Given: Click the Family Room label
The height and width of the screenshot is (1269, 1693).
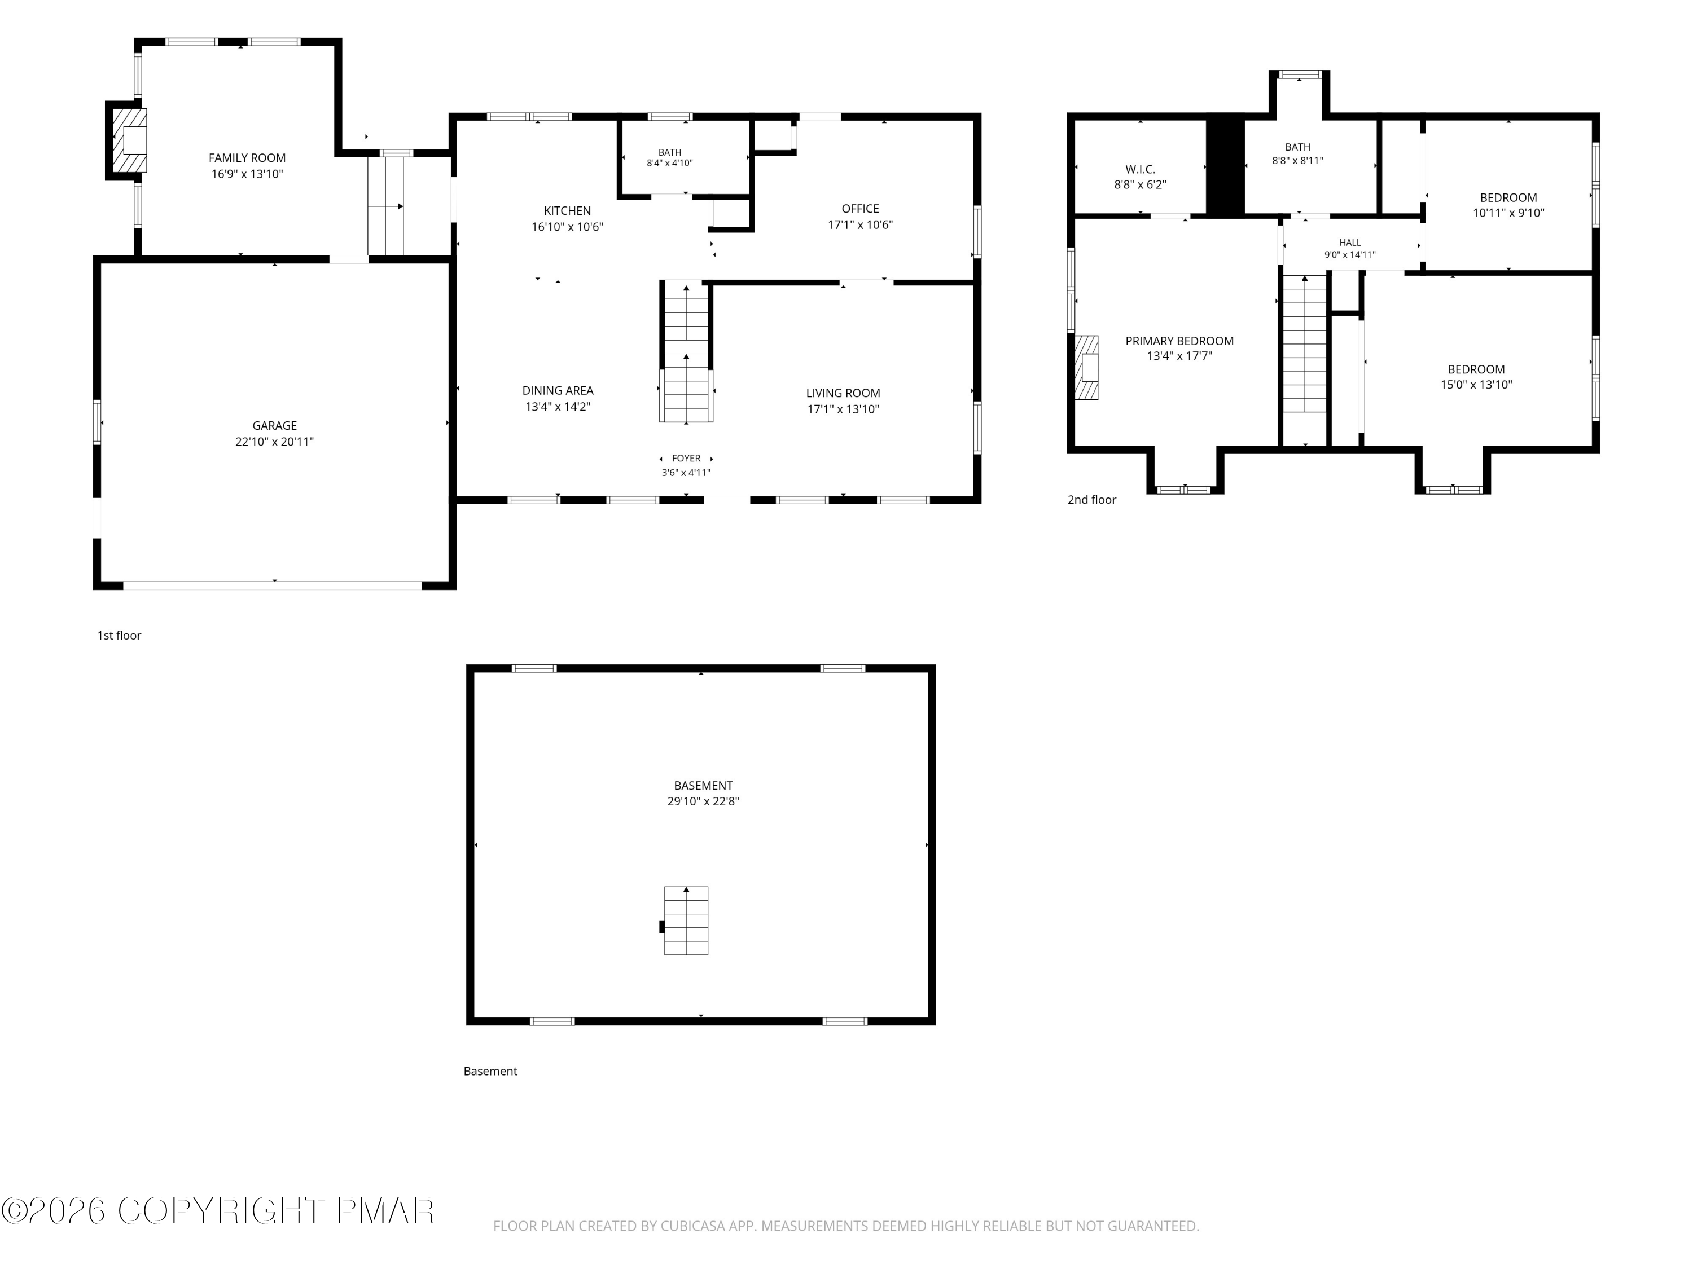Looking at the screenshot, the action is pyautogui.click(x=247, y=157).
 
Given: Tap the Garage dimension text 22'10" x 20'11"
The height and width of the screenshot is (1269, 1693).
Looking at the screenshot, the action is pyautogui.click(x=275, y=442).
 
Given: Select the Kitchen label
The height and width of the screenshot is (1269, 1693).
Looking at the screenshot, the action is pyautogui.click(x=567, y=210).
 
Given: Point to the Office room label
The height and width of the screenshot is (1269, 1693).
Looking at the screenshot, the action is pyautogui.click(x=860, y=208).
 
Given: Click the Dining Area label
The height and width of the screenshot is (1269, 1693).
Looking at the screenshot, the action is pyautogui.click(x=558, y=390).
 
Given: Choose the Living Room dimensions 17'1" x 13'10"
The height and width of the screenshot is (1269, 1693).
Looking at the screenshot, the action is pyautogui.click(x=843, y=409).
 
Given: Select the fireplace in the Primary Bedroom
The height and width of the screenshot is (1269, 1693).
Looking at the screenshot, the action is pyautogui.click(x=1087, y=368).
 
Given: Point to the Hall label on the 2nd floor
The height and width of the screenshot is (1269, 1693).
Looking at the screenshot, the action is pyautogui.click(x=1350, y=243).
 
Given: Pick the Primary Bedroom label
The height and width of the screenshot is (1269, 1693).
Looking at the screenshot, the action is pyautogui.click(x=1179, y=341).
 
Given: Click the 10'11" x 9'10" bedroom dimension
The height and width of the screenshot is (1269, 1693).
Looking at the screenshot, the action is pyautogui.click(x=1508, y=213).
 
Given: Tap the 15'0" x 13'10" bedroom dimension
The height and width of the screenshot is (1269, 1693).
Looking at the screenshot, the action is pyautogui.click(x=1476, y=385).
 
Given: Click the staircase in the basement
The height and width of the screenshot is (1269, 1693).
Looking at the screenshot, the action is pyautogui.click(x=686, y=920).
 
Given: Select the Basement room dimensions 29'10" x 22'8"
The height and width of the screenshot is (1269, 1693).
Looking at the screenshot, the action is pyautogui.click(x=703, y=801).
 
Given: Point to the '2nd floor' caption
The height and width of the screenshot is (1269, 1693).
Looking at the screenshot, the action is pyautogui.click(x=1092, y=500).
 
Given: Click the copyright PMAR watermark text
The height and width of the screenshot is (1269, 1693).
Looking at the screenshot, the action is pyautogui.click(x=218, y=1211).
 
